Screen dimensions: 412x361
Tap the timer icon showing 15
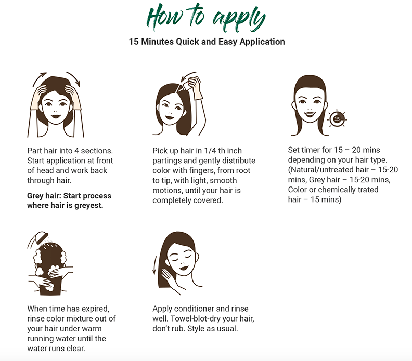point(337,119)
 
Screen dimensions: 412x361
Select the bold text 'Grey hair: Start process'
point(69,196)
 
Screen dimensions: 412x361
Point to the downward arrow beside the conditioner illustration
point(155,265)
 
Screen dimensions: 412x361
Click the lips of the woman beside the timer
point(310,114)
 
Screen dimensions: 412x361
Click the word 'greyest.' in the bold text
point(89,205)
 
